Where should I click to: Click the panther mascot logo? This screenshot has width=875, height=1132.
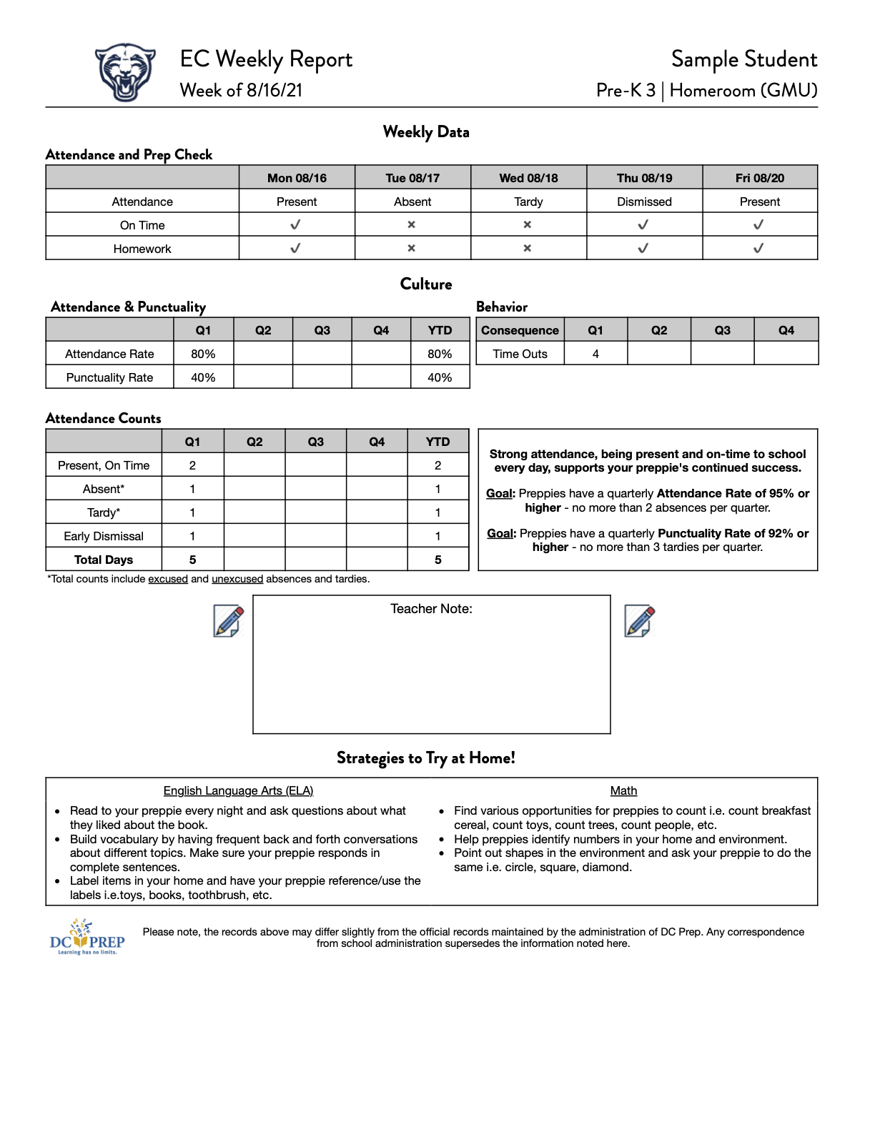point(125,71)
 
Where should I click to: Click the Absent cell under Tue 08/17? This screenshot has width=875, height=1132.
point(412,202)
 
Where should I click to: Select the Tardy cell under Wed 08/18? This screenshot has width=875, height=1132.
point(528,202)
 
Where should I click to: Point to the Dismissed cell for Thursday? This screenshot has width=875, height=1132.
point(644,202)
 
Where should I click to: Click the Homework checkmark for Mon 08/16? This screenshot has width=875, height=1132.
point(295,249)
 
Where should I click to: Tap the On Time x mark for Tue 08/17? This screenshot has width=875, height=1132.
point(412,225)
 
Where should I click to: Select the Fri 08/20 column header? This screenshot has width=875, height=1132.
point(759,178)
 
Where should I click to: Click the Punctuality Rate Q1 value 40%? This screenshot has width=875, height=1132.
point(203,377)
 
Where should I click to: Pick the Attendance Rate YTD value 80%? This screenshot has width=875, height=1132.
point(440,354)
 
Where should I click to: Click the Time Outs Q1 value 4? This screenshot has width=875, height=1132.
point(595,354)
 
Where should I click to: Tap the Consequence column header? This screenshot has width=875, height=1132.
point(520,330)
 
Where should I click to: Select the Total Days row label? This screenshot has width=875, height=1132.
point(104,560)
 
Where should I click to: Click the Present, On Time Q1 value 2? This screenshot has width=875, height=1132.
point(192,465)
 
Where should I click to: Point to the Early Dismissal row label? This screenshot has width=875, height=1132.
point(104,536)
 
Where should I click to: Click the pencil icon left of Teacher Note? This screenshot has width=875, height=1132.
point(229,620)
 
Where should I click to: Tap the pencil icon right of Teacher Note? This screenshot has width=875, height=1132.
point(640,620)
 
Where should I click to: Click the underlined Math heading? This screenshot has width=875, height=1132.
point(623,790)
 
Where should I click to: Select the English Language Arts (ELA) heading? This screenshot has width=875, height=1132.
point(238,790)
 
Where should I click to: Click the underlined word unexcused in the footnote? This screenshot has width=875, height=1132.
point(237,579)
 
